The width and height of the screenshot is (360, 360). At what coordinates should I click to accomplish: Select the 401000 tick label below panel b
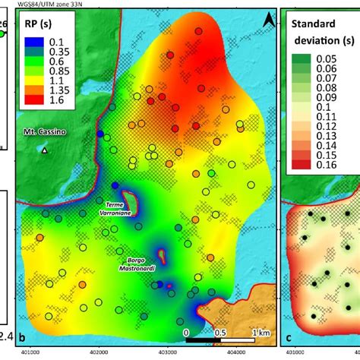31,352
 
